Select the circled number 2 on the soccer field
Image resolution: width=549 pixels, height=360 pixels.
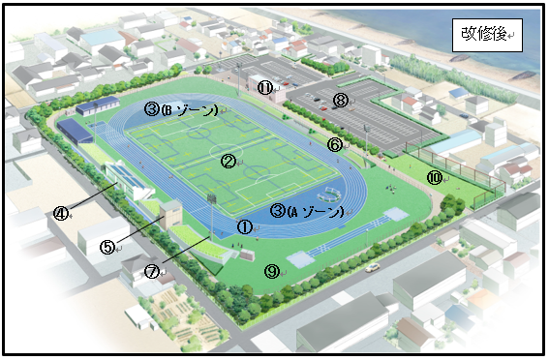tap(229, 162)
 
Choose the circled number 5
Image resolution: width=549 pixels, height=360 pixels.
tap(107, 247)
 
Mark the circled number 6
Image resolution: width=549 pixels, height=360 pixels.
tap(335, 145)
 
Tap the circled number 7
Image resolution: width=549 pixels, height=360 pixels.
tap(152, 272)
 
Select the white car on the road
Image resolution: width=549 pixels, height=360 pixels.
tap(371, 266)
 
